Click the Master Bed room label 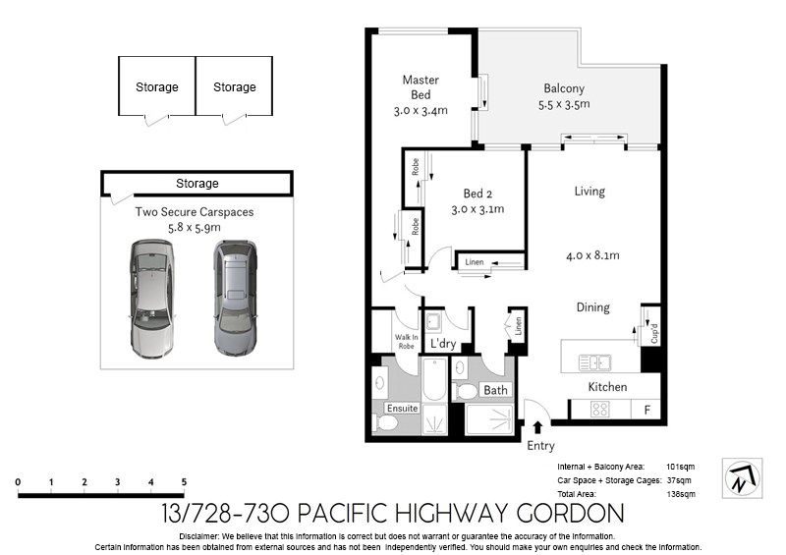(421, 94)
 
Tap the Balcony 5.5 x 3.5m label (564, 96)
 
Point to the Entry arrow (537, 427)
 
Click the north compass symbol (743, 477)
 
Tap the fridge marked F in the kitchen (646, 409)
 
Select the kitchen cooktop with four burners (599, 409)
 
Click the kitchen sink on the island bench (594, 362)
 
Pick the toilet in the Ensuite (384, 422)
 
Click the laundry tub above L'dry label (433, 322)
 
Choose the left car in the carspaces (152, 299)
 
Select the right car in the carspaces (235, 298)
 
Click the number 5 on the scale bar (184, 482)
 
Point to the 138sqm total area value (681, 494)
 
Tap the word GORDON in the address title (571, 514)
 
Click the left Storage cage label (157, 86)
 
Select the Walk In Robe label (406, 342)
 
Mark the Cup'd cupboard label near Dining (654, 333)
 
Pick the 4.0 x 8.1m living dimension (592, 255)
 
